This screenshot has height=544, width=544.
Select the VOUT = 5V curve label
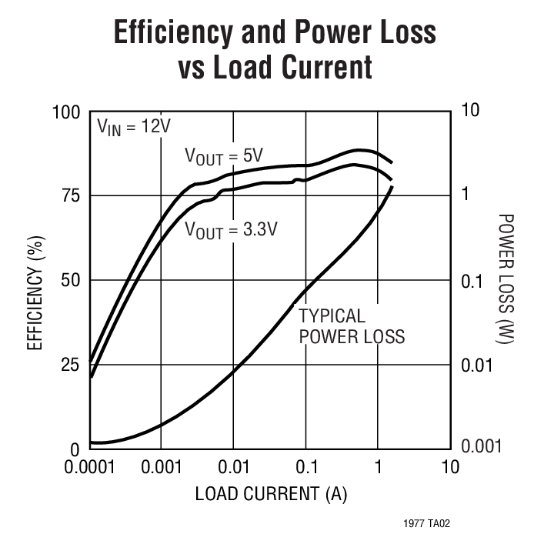click(x=223, y=156)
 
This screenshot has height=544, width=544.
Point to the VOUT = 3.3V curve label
click(x=230, y=229)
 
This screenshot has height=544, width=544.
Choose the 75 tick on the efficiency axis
click(x=71, y=195)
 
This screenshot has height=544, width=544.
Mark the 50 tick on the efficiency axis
click(x=71, y=280)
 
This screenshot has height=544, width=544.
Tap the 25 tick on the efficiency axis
click(x=71, y=364)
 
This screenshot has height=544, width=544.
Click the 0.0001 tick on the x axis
click(x=89, y=467)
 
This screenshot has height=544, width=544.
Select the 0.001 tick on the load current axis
click(x=161, y=467)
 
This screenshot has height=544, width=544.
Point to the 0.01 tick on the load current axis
click(x=234, y=467)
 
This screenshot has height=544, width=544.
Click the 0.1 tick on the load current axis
click(x=306, y=467)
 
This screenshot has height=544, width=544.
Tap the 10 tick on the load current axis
click(x=450, y=467)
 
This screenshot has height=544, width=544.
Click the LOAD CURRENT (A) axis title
click(x=270, y=494)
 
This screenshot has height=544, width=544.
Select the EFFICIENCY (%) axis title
click(x=35, y=280)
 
